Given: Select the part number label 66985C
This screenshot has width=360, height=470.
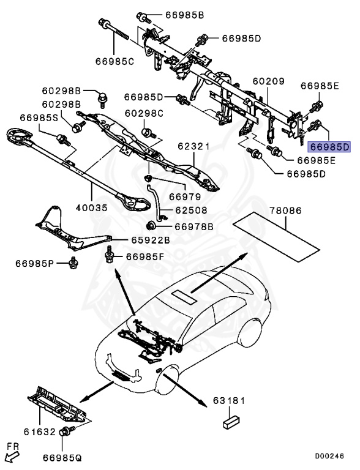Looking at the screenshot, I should tap(114, 61).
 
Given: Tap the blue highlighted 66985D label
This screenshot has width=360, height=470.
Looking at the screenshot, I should tap(329, 147).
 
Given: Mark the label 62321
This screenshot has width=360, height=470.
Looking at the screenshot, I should tap(194, 147).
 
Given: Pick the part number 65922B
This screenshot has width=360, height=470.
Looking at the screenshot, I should tap(149, 240).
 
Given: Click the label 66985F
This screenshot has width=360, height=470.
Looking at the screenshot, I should tap(145, 256).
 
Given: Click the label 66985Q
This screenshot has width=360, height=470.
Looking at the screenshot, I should tap(63, 457).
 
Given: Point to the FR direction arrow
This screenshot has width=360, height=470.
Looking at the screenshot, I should tap(11, 455).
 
